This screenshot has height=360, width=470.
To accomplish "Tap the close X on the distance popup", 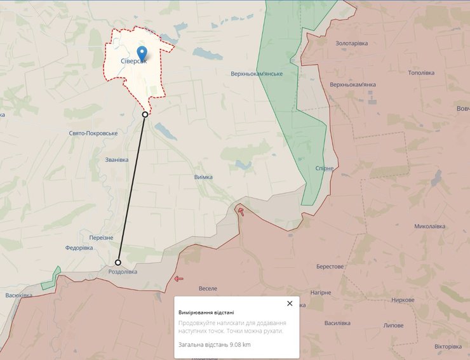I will coord(290,303).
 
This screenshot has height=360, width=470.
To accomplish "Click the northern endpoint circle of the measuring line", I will coord(145,114).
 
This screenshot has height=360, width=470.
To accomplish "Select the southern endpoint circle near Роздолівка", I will coord(118,262).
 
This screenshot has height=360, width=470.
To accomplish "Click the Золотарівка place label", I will coord(351,43).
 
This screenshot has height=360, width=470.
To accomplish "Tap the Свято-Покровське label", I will coord(93,133).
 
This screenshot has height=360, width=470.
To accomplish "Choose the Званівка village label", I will coord(117,160).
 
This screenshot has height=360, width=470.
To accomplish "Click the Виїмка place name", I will coord(203,177).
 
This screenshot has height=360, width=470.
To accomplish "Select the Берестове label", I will coord(330,267).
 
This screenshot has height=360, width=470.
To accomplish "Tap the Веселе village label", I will coord(208,288).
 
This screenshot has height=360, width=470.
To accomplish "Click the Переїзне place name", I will coord(101,237).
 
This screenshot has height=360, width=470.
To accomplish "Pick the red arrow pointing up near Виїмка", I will coord(241,211).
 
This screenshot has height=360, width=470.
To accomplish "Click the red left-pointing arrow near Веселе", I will coord(178,278).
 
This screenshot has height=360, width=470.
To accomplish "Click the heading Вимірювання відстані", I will coord(206,312).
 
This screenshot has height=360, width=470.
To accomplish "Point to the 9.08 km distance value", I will coord(238,344).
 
